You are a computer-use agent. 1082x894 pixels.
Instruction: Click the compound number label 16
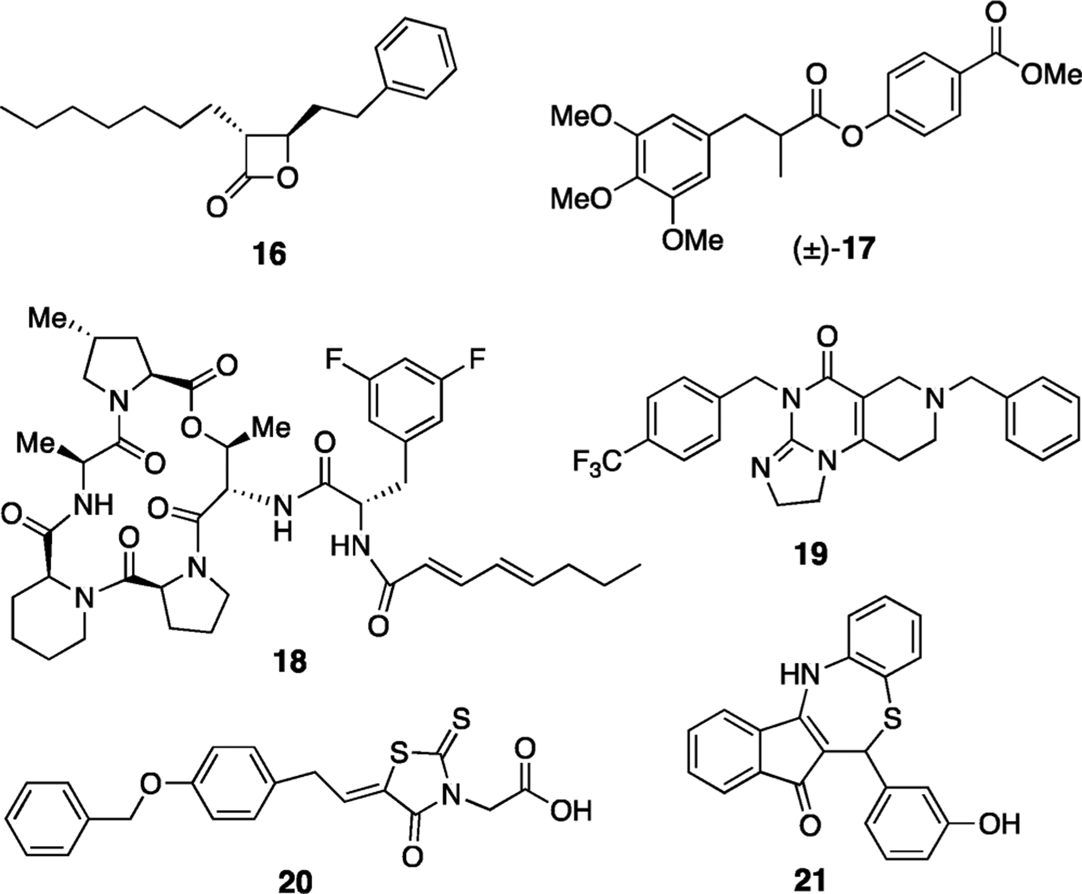click(x=270, y=255)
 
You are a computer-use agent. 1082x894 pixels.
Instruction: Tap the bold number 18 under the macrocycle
click(x=291, y=661)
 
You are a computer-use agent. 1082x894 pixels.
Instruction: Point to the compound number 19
click(x=810, y=555)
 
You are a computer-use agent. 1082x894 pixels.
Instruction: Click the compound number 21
click(x=810, y=880)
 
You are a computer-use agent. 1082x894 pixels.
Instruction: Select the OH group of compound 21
click(x=999, y=825)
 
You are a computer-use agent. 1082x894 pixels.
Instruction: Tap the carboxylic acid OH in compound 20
click(x=570, y=811)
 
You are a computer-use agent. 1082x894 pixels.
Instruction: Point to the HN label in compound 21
click(x=800, y=674)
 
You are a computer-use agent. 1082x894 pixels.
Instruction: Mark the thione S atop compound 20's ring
click(x=460, y=719)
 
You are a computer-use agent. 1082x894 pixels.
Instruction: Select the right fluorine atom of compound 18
click(x=476, y=359)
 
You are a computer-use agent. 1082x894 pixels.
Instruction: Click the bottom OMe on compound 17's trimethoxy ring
click(x=692, y=241)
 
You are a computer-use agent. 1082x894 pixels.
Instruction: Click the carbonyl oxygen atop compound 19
click(x=827, y=338)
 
